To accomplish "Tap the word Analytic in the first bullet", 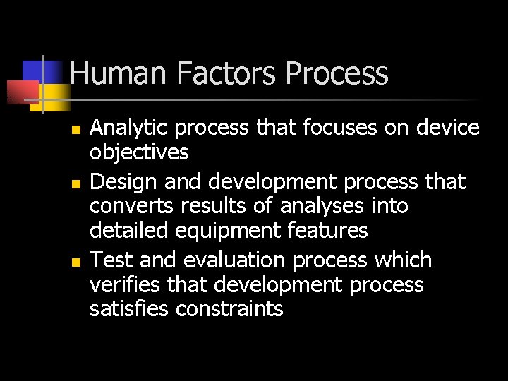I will (130, 128).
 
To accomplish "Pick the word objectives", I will (139, 152).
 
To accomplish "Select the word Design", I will (125, 183).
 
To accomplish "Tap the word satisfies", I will (130, 308).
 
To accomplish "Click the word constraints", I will (229, 309).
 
